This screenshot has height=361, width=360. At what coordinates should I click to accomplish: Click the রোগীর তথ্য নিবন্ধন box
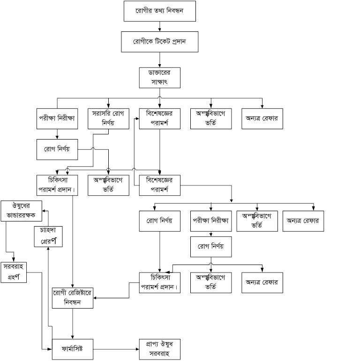click(159, 12)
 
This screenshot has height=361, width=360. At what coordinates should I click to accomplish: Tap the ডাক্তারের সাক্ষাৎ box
click(160, 78)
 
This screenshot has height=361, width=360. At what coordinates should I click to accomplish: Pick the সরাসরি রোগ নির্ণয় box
click(108, 119)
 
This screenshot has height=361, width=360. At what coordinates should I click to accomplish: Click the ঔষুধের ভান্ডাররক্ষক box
click(21, 212)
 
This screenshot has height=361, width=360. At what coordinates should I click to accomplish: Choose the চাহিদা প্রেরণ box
click(48, 236)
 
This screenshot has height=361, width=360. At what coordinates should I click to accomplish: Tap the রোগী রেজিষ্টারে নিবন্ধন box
click(72, 297)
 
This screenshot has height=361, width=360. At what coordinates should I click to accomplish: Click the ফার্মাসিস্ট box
click(73, 348)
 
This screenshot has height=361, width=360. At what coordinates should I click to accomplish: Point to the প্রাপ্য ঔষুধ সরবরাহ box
click(159, 349)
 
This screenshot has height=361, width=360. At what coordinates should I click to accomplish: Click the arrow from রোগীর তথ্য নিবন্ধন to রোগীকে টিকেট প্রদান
click(160, 26)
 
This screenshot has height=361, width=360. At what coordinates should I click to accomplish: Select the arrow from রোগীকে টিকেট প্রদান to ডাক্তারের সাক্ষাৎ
click(160, 59)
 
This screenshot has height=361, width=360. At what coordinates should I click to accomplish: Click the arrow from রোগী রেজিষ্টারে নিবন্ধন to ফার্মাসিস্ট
click(73, 323)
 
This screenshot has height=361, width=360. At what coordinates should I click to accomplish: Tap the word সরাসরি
click(101, 114)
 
